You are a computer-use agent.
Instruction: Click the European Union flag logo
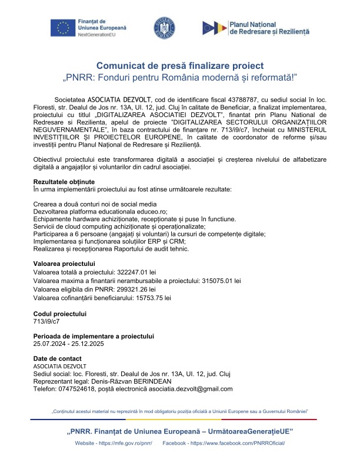click(x=62, y=27)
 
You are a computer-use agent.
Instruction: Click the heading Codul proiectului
click(x=60, y=314)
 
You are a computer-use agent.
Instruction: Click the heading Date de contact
click(x=58, y=358)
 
